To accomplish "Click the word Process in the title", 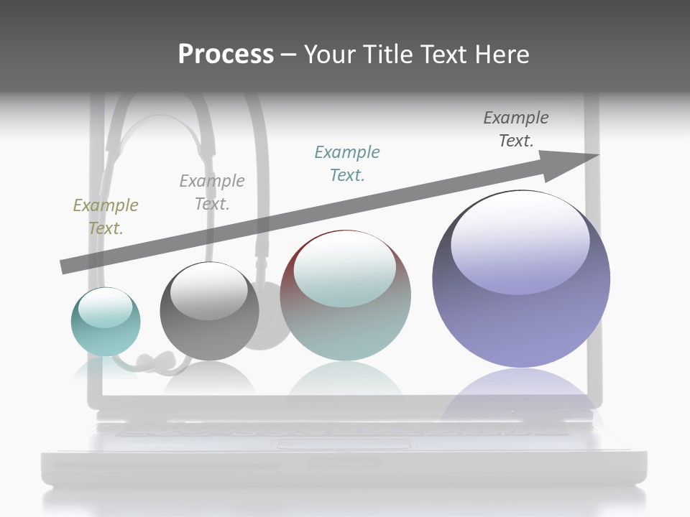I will pyautogui.click(x=226, y=55).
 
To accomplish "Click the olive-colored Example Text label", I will pyautogui.click(x=106, y=217).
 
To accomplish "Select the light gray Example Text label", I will pyautogui.click(x=212, y=192).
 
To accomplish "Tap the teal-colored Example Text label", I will pyautogui.click(x=347, y=164).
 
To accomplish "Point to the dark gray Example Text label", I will pyautogui.click(x=516, y=129).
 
